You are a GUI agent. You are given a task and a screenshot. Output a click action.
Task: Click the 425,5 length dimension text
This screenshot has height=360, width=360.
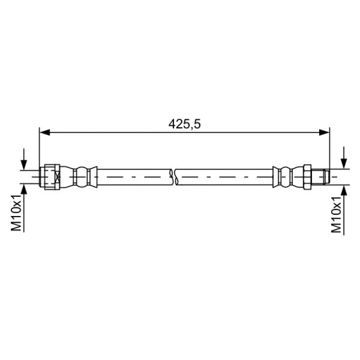tap(184, 124)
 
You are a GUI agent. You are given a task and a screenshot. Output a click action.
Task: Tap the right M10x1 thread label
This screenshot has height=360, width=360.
tap(337, 216)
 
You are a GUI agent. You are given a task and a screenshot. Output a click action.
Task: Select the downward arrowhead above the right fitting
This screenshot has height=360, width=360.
tap(344, 164)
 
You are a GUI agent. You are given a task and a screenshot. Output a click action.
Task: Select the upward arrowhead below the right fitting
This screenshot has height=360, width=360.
tap(344, 190)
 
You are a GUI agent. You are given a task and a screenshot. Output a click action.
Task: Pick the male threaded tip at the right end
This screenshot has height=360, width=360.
tap(321, 176)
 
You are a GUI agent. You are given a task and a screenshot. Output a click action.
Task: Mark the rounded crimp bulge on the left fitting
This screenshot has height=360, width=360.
tap(82, 176)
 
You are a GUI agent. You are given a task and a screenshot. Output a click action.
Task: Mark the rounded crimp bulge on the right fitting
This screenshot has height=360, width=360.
tap(286, 176)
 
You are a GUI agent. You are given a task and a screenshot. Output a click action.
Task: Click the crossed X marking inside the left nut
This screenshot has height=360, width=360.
tap(57, 176)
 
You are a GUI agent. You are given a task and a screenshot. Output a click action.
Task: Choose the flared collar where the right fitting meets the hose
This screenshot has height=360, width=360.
tap(276, 176)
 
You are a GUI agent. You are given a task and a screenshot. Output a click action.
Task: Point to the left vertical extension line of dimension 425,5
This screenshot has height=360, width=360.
tap(39, 148)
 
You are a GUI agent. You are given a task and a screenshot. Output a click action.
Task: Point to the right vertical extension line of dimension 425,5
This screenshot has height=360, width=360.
tap(329, 148)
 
